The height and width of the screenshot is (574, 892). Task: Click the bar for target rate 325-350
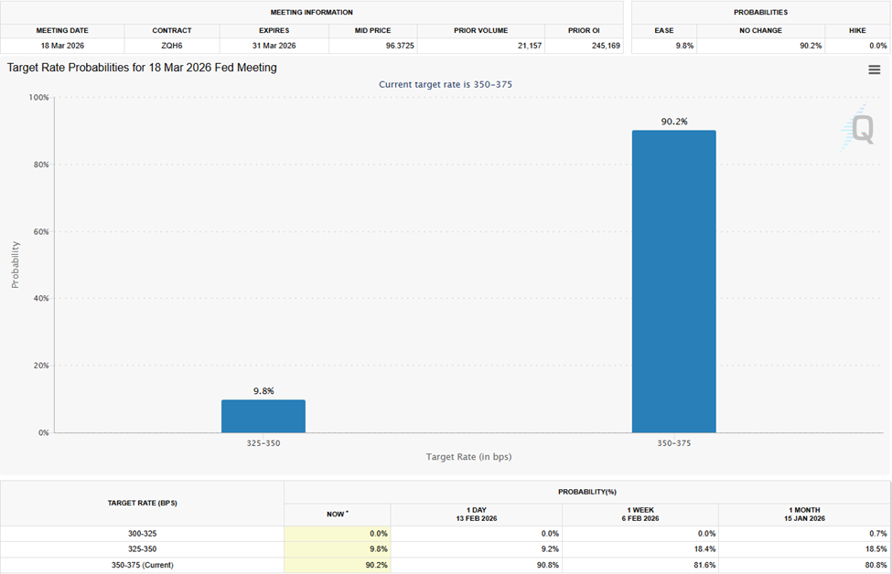263,416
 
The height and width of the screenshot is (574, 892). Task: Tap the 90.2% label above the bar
673,121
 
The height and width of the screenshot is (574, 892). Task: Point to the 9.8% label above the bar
263,390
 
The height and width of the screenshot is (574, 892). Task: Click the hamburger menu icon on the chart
875,70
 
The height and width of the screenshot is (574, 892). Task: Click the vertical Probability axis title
15,264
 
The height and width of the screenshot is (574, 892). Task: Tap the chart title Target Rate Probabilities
142,68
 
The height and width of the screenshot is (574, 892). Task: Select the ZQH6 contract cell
172,45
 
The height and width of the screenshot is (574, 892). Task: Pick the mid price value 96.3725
373,45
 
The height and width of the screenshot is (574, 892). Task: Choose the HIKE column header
857,30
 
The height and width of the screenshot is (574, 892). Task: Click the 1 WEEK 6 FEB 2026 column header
640,515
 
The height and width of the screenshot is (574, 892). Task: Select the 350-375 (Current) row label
142,565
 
